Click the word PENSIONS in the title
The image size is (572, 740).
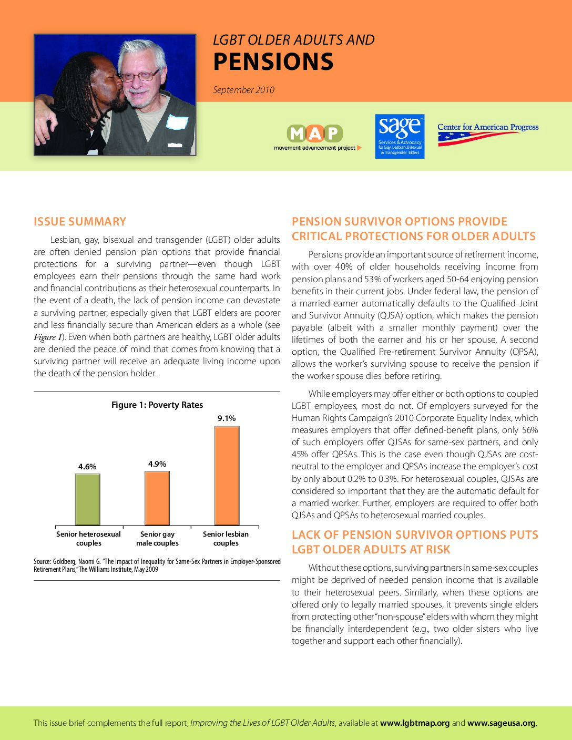tap(273, 62)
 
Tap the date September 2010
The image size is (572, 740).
tap(243, 90)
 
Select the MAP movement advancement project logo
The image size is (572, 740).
tap(315, 137)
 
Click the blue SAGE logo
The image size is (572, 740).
tap(400, 136)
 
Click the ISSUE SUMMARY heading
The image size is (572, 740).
tap(80, 222)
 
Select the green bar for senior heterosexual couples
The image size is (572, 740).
tap(87, 499)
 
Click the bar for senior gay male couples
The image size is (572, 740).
tap(157, 498)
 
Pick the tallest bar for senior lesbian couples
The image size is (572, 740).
tap(227, 475)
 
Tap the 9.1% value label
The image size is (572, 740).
tap(227, 418)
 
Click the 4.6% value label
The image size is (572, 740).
tap(87, 467)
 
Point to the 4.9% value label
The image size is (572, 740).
tap(157, 464)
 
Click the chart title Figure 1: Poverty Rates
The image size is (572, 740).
tap(157, 405)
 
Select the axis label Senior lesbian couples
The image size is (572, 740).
tap(226, 538)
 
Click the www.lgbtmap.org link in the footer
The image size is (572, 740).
tap(415, 723)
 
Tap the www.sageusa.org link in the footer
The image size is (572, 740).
tap(501, 723)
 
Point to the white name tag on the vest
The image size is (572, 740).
tap(177, 122)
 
